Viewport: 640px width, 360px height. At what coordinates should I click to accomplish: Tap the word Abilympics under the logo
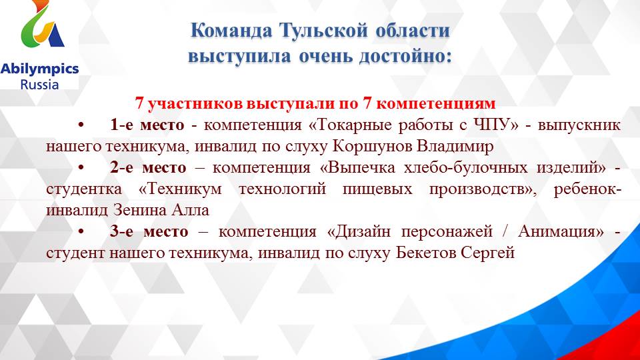pyautogui.click(x=40, y=69)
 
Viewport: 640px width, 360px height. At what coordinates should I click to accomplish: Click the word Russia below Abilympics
pyautogui.click(x=40, y=84)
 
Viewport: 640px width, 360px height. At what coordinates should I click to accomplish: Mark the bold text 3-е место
pyautogui.click(x=148, y=231)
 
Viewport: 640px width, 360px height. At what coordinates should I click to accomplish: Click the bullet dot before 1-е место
pyautogui.click(x=82, y=125)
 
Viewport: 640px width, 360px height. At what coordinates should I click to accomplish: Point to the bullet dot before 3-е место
pyautogui.click(x=82, y=232)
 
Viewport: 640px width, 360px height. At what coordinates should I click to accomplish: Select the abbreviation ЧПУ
pyautogui.click(x=491, y=125)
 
